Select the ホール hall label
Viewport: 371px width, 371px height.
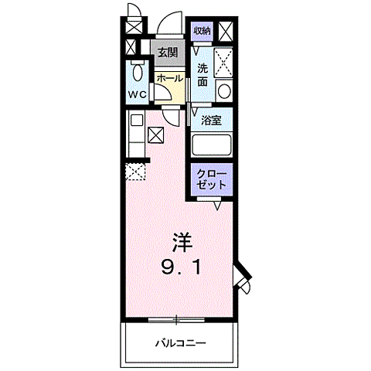[169, 78]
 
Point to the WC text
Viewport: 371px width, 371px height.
[138, 95]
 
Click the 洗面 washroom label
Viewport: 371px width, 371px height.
[203, 74]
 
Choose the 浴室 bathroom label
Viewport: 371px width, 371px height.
[211, 121]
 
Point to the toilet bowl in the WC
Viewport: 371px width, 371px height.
[137, 74]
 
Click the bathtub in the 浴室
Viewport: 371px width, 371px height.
[212, 146]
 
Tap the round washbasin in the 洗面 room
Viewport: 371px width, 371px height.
[223, 90]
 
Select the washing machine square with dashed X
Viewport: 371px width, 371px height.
[224, 61]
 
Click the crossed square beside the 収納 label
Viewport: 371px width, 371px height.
[226, 31]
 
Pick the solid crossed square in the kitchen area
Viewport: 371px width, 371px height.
[155, 136]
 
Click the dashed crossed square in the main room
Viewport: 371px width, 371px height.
[137, 172]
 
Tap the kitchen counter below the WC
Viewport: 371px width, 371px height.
[136, 136]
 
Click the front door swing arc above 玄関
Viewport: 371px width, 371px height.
[170, 28]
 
